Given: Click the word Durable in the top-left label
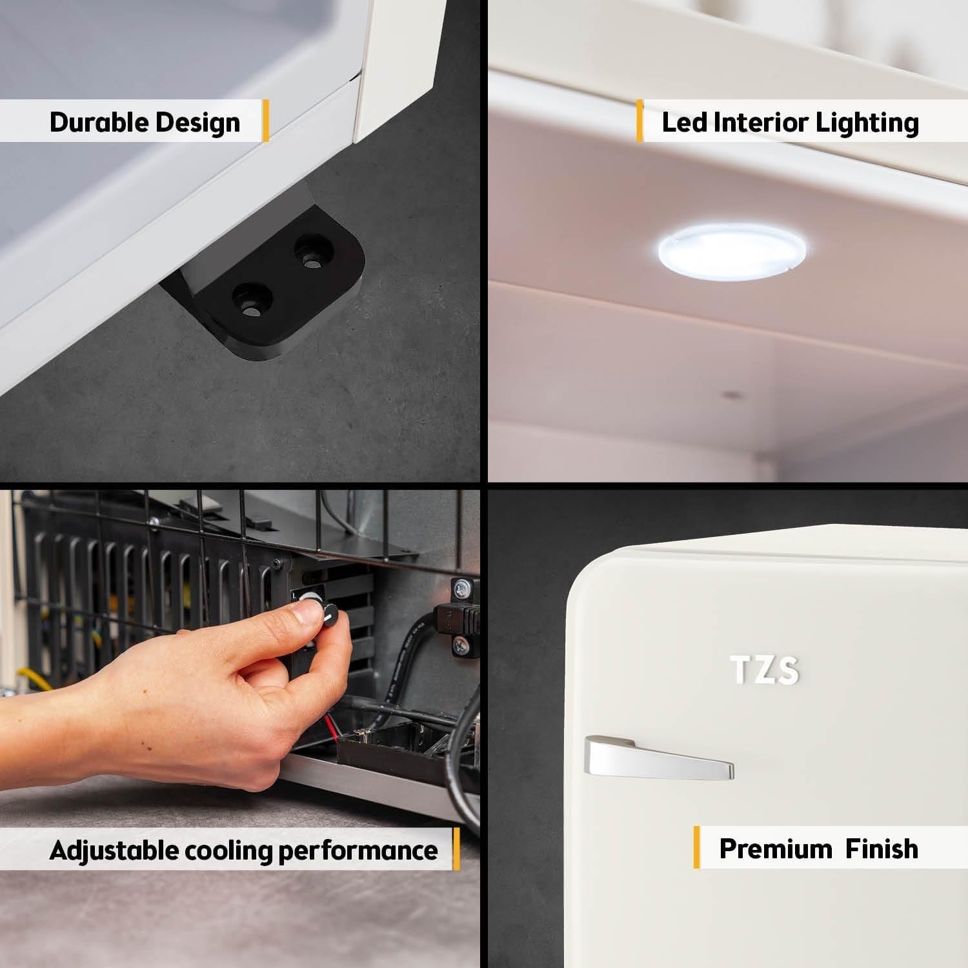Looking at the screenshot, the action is tap(97, 122).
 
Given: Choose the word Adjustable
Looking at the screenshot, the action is tap(114, 851).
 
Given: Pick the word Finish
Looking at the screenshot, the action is tap(882, 849).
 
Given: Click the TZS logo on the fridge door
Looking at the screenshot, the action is tap(765, 670).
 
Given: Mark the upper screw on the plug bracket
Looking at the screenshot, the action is tap(461, 588).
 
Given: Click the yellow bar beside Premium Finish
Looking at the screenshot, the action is tap(696, 847).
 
